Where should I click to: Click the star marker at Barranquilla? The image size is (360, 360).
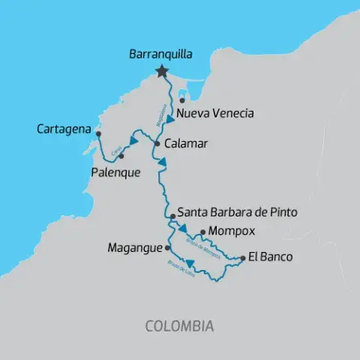[x=161, y=71]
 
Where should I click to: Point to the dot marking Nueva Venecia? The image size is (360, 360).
[x=182, y=100]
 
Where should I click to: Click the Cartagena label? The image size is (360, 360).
[x=65, y=130]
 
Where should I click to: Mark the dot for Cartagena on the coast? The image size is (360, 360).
[x=97, y=133]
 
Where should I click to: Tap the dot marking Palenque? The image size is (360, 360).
[x=121, y=156]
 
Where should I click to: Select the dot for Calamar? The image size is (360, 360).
[x=157, y=142]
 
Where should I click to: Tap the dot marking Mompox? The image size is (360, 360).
[x=202, y=232]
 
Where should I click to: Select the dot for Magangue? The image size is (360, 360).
[x=168, y=246]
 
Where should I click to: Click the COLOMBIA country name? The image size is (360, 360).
[x=179, y=326]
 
